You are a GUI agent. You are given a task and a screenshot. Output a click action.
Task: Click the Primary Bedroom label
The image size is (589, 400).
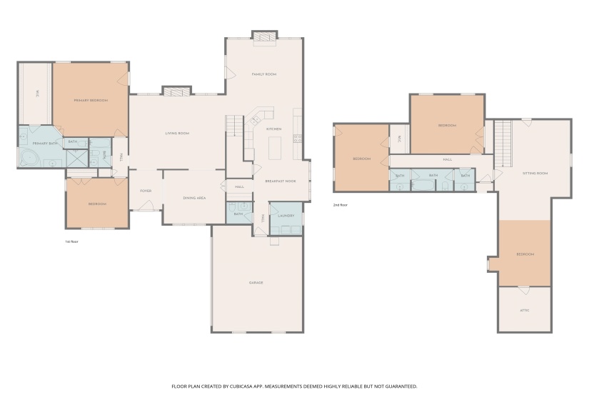[x=91, y=100]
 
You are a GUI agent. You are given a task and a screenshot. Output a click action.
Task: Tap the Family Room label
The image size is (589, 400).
[x=263, y=74]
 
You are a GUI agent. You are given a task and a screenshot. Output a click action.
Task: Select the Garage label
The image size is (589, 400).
[x=256, y=283]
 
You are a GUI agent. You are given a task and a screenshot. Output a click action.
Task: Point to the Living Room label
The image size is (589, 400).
[x=177, y=133]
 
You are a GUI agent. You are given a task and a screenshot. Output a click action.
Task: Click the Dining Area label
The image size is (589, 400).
[x=194, y=198]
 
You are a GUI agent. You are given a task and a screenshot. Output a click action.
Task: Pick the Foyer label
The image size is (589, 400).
[x=146, y=191]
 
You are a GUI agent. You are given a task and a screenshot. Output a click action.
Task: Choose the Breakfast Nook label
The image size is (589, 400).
[x=280, y=181]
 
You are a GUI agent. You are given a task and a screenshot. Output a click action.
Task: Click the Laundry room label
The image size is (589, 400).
[x=286, y=215]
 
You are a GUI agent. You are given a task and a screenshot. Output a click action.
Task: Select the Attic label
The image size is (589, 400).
[x=524, y=310]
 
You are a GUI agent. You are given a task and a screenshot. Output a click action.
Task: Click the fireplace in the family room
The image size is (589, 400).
[x=264, y=37]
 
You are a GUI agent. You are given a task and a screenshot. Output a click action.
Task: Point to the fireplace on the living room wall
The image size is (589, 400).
[x=176, y=91]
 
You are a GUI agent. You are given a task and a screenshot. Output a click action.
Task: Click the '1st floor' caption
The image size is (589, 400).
[x=72, y=241]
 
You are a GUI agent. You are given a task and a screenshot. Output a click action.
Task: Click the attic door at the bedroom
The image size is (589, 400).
[x=523, y=291]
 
